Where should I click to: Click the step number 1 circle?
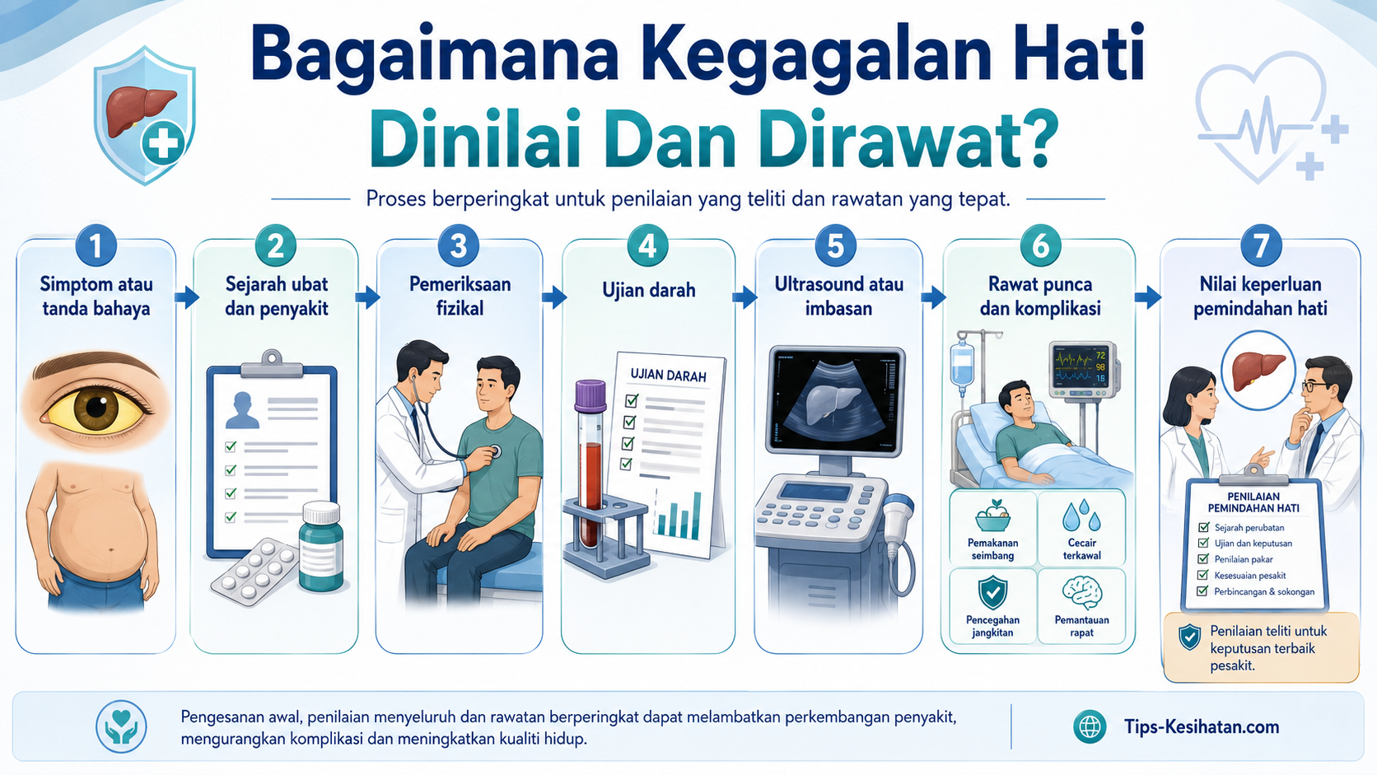coord(96,245)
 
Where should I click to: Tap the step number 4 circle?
coord(647,245)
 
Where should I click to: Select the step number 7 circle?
coord(1261,245)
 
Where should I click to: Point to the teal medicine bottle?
coord(321,546)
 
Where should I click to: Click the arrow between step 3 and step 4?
coord(554,296)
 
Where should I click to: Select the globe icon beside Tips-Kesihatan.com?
coord(1090,726)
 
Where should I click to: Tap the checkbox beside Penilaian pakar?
coord(1203,559)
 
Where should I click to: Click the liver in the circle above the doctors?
coord(1258,371)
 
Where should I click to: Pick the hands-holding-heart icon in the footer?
coord(122,726)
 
